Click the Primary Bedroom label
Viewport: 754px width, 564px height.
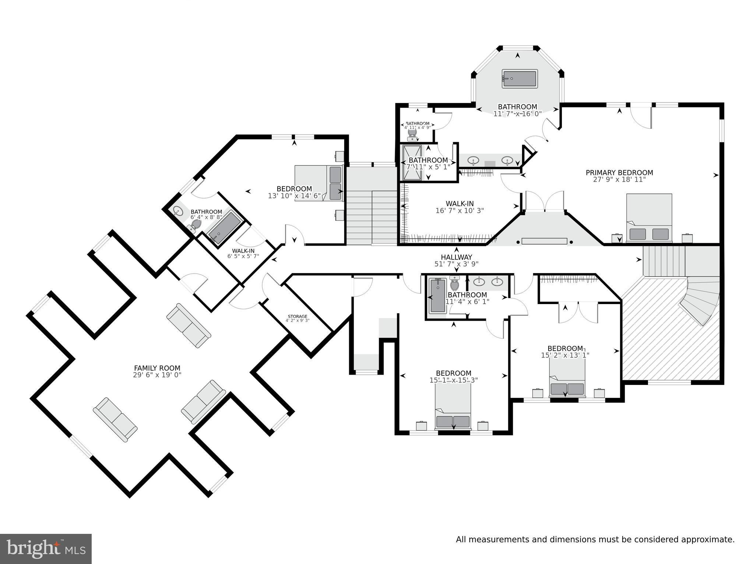(619, 172)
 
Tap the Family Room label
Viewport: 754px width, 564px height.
(157, 368)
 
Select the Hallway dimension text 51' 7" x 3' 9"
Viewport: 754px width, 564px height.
(457, 264)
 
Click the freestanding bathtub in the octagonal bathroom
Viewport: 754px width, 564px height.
(519, 79)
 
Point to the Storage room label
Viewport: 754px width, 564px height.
(297, 316)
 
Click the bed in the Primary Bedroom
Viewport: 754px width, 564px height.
(649, 218)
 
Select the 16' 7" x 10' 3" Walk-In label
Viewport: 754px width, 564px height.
(459, 207)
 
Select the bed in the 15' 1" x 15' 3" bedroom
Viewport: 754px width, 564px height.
(453, 408)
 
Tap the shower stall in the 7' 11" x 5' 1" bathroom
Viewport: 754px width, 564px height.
(411, 163)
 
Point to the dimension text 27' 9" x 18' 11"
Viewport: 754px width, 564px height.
(619, 180)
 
